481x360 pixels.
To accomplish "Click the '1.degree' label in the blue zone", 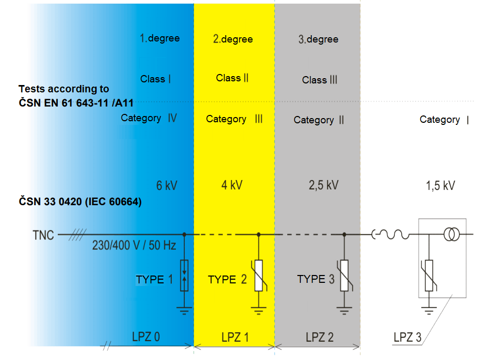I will pos(160,38).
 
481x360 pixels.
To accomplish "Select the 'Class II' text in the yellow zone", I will pos(232,78).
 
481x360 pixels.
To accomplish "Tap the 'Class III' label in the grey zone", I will pos(319,80).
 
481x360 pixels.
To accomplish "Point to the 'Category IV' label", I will pos(149,118).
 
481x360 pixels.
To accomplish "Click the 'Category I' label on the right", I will pos(444,120).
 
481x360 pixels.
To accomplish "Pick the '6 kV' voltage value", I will pos(167,185).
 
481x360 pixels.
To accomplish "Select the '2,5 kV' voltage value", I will pos(323,185).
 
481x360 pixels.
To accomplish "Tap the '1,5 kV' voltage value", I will pos(440,186).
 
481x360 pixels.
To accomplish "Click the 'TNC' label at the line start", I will pos(43,235).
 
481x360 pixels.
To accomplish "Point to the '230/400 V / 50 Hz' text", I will pos(134,246).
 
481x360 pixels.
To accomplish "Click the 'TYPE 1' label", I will pos(154,279).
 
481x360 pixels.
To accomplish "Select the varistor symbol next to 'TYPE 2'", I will pos(258,276).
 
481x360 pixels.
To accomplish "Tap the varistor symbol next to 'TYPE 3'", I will pos(344,276).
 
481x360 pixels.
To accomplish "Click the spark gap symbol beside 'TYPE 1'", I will pos(184,275).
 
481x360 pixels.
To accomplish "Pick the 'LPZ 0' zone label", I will pos(146,337).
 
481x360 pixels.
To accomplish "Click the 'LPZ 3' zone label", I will pos(407,337).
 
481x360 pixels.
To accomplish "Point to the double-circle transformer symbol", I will pos(451,235).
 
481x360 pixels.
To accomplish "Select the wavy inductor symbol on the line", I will pos(391,236).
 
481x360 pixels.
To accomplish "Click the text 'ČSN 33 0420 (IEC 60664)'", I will pos(80,202).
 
